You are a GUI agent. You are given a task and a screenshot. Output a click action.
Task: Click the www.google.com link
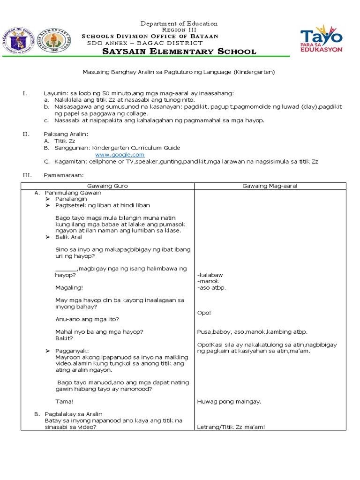point(120,155)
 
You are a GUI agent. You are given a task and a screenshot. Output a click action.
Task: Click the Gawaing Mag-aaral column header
point(270,186)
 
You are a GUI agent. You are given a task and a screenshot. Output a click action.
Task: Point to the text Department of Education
point(180,23)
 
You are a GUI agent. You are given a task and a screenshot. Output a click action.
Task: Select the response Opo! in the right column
point(204,313)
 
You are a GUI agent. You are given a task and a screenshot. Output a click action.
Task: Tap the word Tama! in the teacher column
point(64,401)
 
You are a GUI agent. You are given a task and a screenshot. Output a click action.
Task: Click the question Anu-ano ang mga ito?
point(87,319)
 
